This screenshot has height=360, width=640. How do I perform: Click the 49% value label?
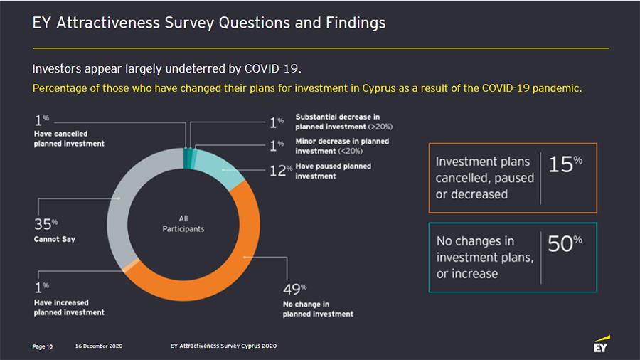tap(292, 290)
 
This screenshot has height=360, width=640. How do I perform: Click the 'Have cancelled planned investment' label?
tap(69, 139)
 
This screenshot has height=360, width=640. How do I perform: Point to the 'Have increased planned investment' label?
tap(69, 307)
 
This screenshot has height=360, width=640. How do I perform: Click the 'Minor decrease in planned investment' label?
tap(342, 146)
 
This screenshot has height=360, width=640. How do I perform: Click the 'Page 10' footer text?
tap(43, 346)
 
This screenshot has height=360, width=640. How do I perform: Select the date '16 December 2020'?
tap(98, 346)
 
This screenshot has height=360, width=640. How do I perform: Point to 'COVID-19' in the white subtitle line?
tap(272, 70)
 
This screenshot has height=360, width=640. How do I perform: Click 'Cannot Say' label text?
tap(54, 239)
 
